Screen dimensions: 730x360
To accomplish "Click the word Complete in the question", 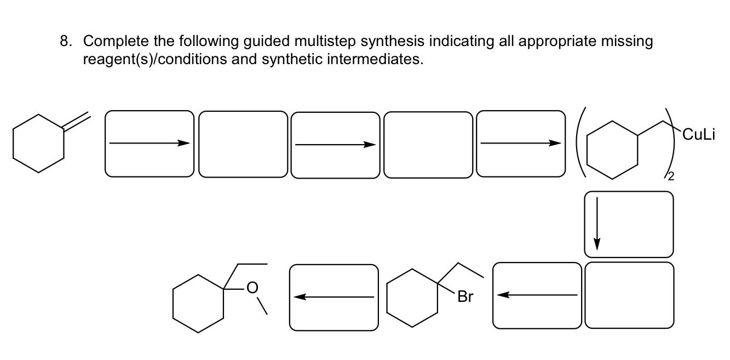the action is click(114, 42).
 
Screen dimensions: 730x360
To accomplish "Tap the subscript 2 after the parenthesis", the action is click(671, 176).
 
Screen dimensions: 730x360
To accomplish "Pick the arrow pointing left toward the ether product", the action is click(334, 297).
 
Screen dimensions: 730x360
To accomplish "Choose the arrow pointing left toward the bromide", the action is click(537, 295).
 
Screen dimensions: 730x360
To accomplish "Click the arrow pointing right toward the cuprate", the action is click(520, 144).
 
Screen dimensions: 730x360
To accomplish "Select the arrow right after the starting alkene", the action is click(149, 144).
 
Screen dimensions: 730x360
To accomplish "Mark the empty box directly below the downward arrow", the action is click(629, 295).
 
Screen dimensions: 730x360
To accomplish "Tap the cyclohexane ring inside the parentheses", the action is click(612, 150).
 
